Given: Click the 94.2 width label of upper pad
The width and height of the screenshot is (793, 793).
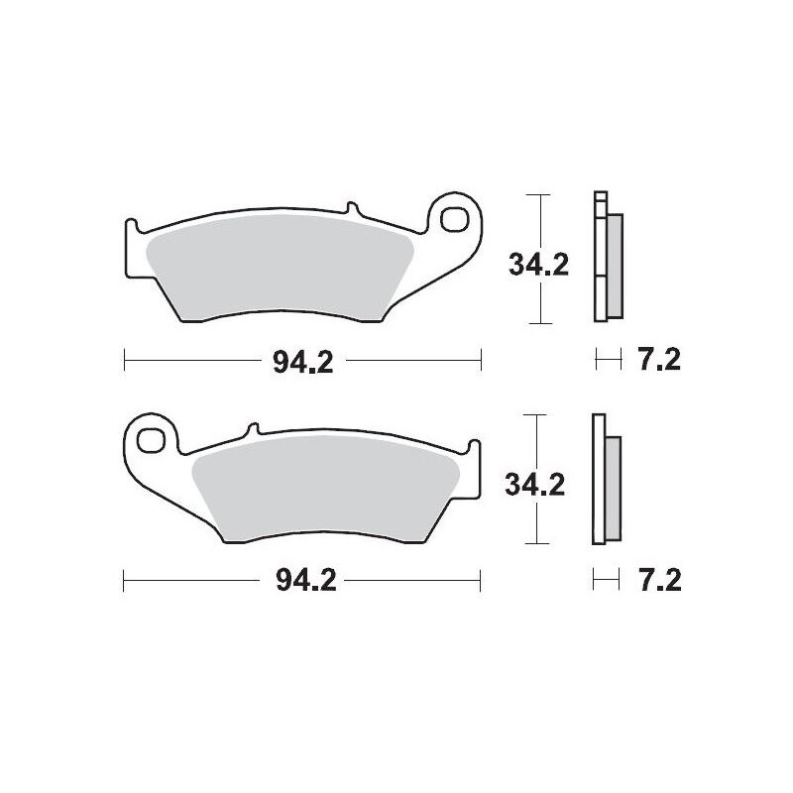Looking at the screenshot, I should click(x=303, y=361).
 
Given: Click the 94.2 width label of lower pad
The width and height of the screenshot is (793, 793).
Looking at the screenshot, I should click(x=303, y=581).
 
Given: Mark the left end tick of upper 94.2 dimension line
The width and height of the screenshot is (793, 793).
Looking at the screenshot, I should click(x=125, y=361).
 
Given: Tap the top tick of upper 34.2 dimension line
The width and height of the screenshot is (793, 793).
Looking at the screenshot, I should click(x=536, y=195).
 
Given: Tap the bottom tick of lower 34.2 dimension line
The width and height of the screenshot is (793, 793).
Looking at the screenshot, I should click(x=536, y=543).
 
